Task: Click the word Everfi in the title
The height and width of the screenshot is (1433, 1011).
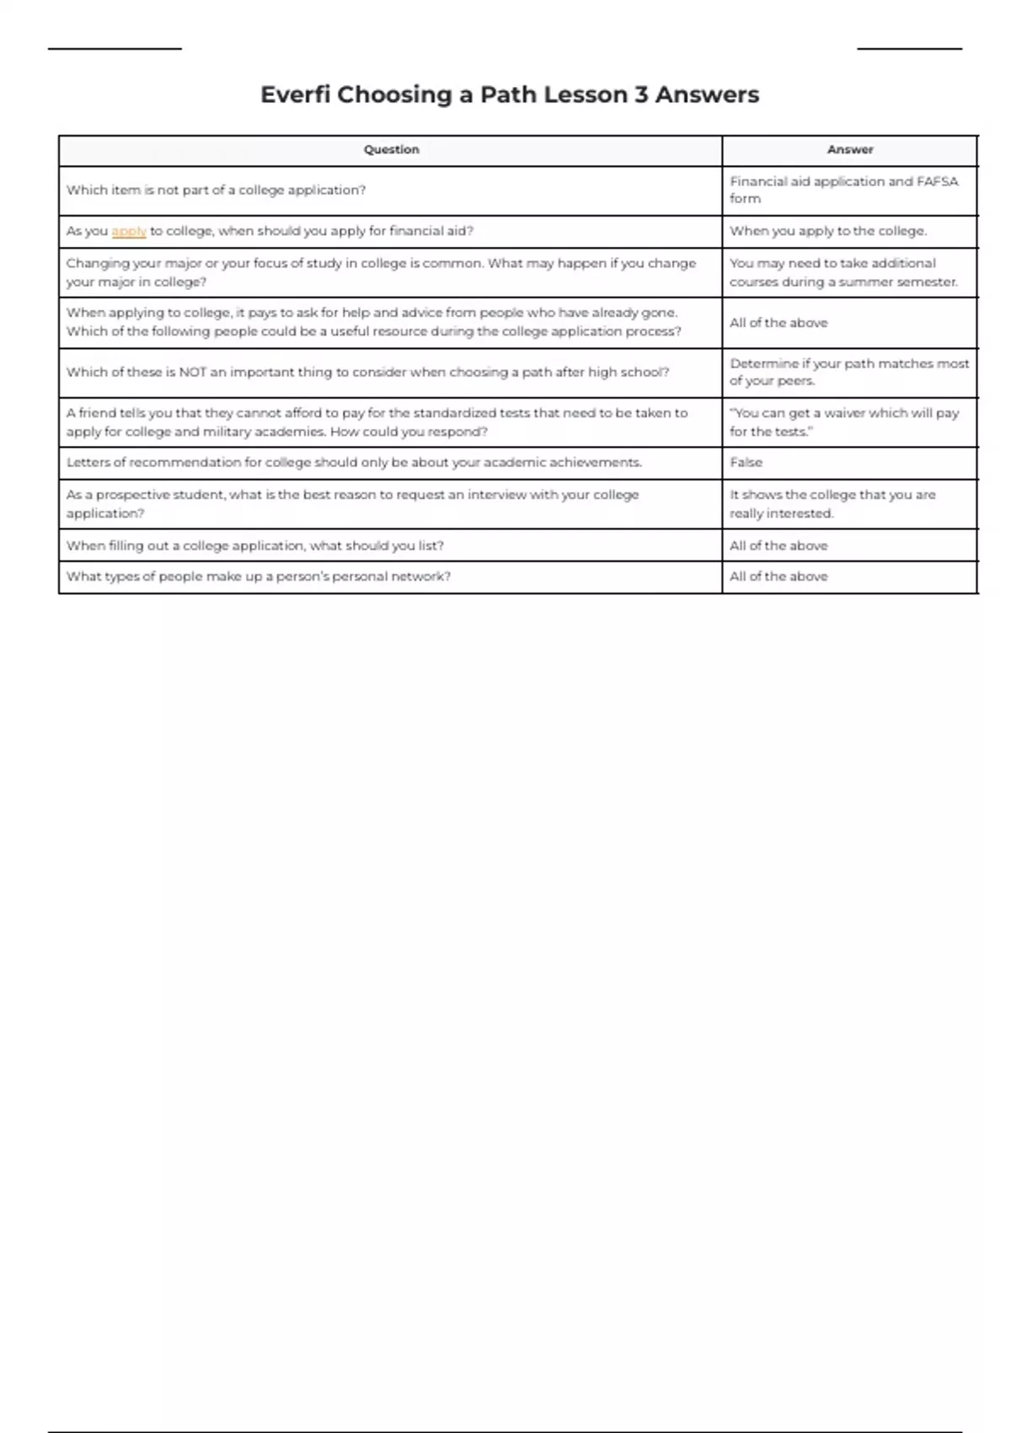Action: coord(295,94)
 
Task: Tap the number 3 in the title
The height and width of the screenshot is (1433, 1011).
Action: coord(641,94)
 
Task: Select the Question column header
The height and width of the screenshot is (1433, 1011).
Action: coord(391,150)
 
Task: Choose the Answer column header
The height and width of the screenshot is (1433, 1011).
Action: coord(849,150)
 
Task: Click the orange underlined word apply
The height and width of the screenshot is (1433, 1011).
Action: coord(129,231)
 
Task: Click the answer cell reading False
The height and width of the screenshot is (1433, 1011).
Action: coord(746,463)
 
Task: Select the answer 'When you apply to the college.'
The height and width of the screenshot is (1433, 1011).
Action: coord(827,231)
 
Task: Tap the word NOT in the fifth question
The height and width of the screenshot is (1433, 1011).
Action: coord(192,372)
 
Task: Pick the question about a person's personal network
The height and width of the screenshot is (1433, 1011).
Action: coord(258,577)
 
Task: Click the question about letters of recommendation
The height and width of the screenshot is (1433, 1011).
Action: coord(354,463)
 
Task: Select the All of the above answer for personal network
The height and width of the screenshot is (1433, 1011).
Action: coord(778,577)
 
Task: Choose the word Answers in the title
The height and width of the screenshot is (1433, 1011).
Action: coord(707,94)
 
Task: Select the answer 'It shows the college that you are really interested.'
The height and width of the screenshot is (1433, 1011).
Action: coord(832,504)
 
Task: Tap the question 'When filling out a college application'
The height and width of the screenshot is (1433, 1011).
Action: coord(254,545)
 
